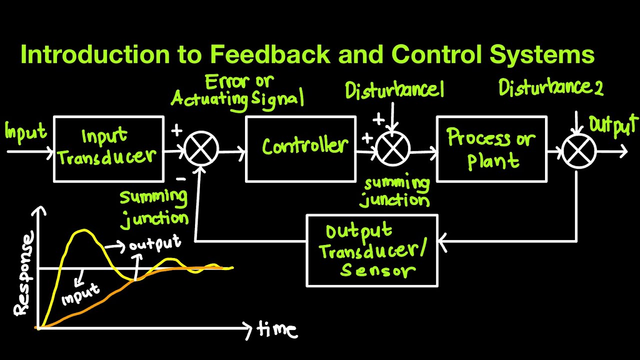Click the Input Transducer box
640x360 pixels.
[x=108, y=149]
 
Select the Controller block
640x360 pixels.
[x=300, y=149]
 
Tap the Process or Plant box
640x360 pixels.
[x=491, y=149]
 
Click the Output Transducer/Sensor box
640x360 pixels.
[x=372, y=250]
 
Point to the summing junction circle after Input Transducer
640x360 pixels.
[x=201, y=149]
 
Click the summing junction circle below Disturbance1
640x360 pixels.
[x=393, y=149]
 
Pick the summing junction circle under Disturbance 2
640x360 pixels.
[x=579, y=150]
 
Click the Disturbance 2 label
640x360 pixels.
[x=550, y=88]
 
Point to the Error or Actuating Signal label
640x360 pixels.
[x=237, y=91]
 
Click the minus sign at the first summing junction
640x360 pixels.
[x=181, y=178]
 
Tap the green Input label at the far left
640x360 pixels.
[x=25, y=132]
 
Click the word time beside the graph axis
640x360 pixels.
[x=276, y=329]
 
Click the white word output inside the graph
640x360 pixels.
[x=154, y=244]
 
